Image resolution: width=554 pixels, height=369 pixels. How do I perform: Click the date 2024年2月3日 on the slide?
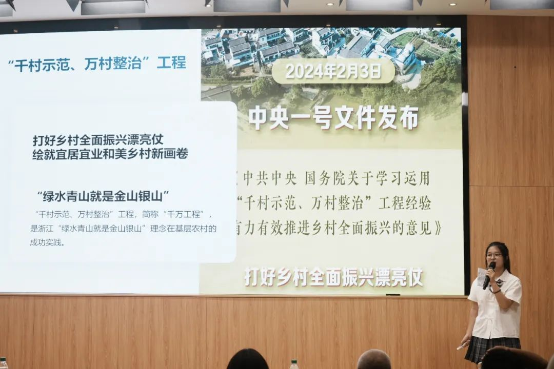point(333,72)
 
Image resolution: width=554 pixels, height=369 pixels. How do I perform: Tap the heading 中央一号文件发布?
point(333,118)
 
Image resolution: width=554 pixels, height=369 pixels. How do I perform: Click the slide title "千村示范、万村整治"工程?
point(97,64)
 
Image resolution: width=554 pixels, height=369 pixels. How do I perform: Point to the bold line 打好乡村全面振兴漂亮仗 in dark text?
point(98,139)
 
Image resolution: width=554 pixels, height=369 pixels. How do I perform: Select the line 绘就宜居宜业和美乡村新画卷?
point(110,154)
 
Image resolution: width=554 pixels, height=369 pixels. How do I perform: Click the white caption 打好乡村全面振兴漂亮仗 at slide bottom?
point(333,277)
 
